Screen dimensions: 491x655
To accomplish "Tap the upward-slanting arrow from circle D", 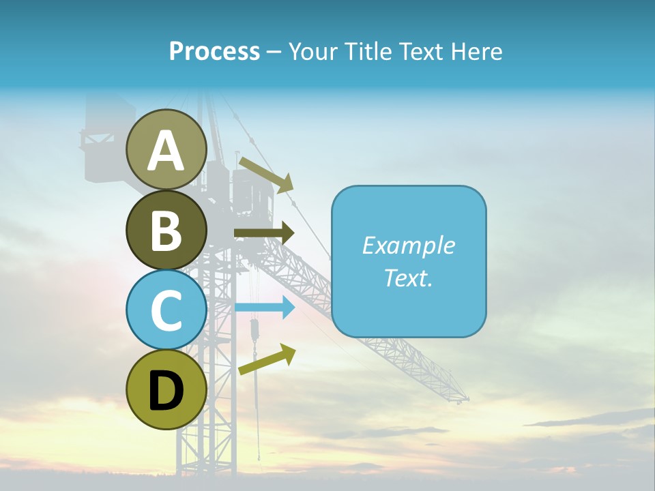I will (x=267, y=359).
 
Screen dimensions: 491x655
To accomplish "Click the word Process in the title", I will (x=214, y=51).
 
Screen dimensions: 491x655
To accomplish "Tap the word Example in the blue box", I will (x=408, y=245).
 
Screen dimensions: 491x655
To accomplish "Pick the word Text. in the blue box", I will (x=408, y=278).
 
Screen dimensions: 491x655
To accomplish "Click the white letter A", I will (x=166, y=151).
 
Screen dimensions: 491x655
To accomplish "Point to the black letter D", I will (x=166, y=391).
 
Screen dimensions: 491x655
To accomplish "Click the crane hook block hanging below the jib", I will (x=254, y=331).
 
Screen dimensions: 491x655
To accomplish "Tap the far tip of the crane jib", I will (x=466, y=398).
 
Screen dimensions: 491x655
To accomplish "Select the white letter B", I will (x=166, y=230).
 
